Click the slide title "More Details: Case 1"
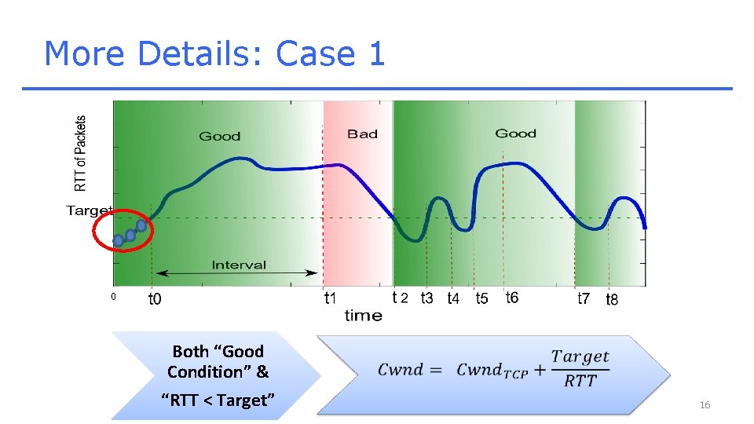coord(214,53)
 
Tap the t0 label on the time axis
coord(156,299)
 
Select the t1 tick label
coord(331,298)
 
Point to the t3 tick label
coord(426,298)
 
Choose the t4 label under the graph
coord(453,299)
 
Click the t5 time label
coord(481,298)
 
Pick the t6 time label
coord(511,298)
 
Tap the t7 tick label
coord(584,298)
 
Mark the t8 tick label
coord(612,299)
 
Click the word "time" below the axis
coord(363,316)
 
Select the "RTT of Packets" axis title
coord(81,154)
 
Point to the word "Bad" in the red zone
coord(362,134)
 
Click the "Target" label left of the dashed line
coord(90,210)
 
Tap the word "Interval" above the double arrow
coord(239,265)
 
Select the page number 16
coord(705,404)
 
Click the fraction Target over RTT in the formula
coord(580,368)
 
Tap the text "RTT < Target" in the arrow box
coord(218,400)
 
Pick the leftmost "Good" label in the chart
coord(219,137)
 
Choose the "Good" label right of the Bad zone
coord(515,133)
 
